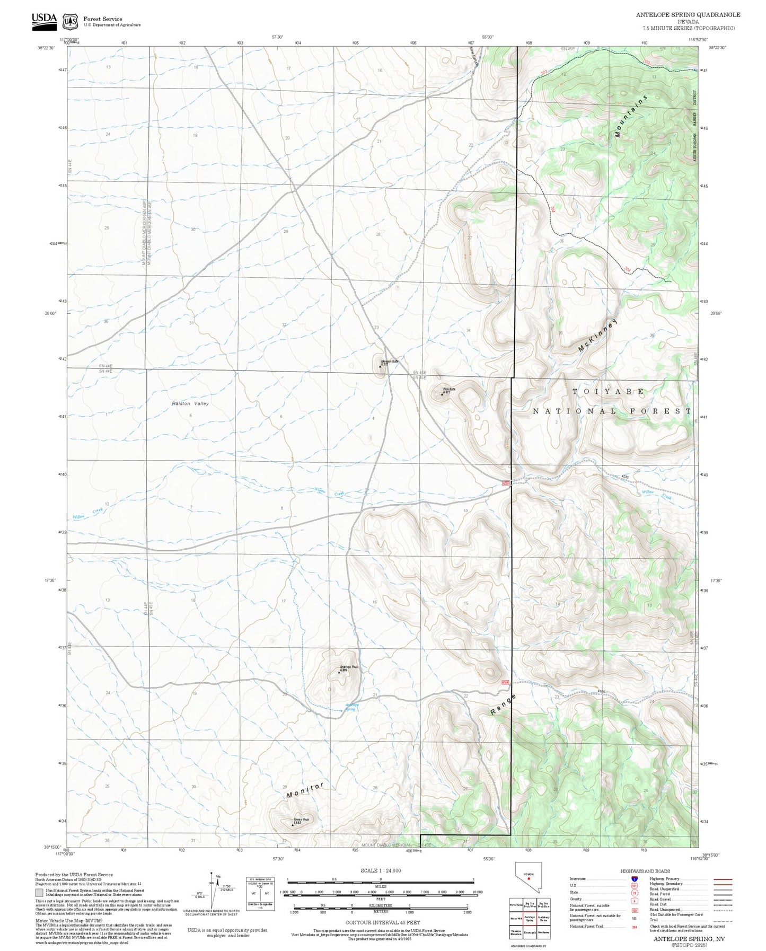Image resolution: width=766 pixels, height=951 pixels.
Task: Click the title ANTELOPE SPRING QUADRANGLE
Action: [x=688, y=15]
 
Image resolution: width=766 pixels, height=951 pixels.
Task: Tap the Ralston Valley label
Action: [x=190, y=403]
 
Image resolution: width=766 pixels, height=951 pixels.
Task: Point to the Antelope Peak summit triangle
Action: [x=339, y=672]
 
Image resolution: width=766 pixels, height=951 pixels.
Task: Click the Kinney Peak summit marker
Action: [x=293, y=824]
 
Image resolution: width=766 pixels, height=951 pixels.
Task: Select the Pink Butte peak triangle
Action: [x=442, y=394]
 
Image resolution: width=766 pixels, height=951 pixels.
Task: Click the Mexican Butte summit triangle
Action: [x=380, y=366]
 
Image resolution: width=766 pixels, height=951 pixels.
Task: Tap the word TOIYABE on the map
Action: [x=608, y=392]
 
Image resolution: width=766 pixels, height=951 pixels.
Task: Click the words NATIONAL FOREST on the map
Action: [x=612, y=411]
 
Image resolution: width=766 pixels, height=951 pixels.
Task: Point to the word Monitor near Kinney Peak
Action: [x=305, y=791]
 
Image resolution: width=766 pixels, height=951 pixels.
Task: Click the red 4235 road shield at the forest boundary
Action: [x=506, y=483]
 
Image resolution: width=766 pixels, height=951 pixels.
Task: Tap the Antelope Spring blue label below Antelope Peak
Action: [x=352, y=707]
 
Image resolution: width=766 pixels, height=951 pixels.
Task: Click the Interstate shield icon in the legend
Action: [x=635, y=879]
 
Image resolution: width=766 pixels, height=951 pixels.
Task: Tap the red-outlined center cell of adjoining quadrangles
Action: [x=530, y=917]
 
